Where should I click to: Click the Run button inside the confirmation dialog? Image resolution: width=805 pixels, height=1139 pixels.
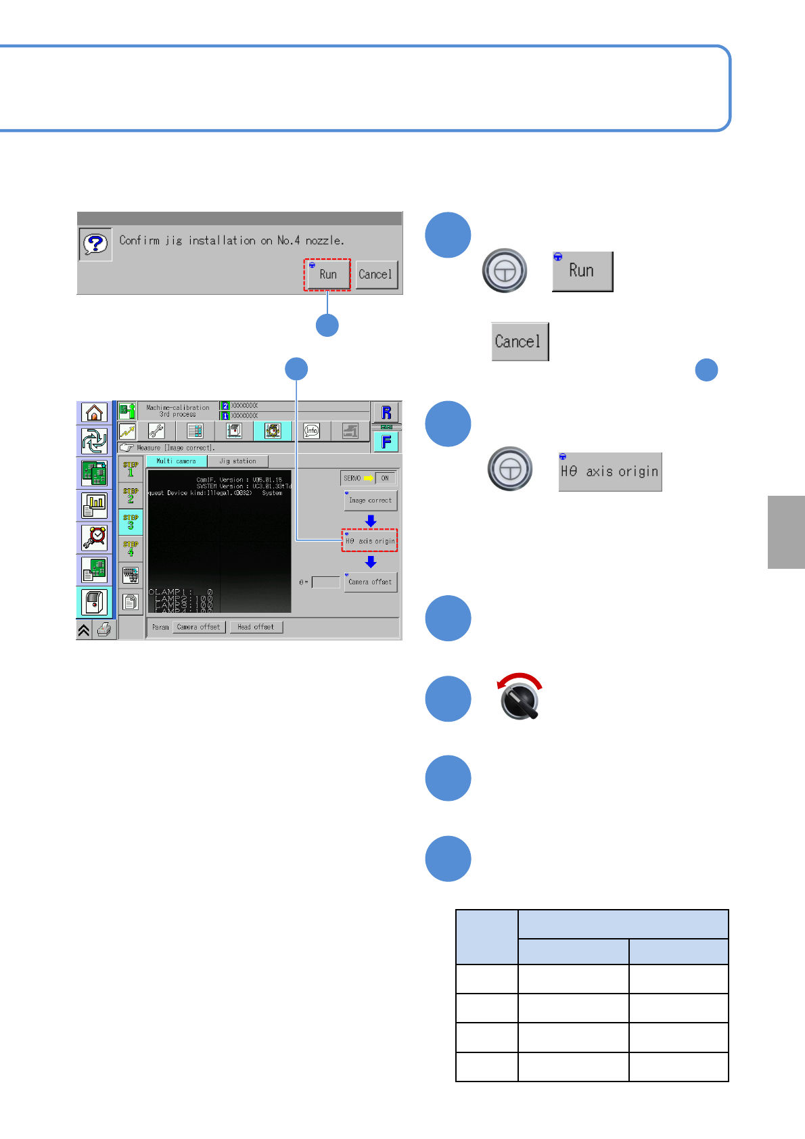(x=327, y=275)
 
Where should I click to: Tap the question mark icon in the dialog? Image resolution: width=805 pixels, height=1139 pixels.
(x=95, y=244)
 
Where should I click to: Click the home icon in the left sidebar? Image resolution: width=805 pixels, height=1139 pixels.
(x=95, y=412)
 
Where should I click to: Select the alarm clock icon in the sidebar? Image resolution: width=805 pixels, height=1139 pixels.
(x=95, y=537)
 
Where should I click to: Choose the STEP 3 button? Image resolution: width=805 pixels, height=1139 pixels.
(x=131, y=522)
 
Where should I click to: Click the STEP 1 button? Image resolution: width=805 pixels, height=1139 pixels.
(x=131, y=469)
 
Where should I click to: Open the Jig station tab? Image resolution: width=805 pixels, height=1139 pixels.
(x=237, y=461)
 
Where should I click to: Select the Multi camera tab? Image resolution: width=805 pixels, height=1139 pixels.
(x=176, y=461)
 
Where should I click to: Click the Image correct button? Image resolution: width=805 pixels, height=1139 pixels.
(x=370, y=501)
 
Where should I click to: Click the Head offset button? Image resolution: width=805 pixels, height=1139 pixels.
(x=256, y=627)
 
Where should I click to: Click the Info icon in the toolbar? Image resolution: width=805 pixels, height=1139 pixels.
(x=311, y=430)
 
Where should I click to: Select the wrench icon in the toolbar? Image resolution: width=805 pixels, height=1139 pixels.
(x=156, y=431)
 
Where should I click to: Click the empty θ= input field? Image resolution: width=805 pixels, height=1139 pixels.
(x=325, y=582)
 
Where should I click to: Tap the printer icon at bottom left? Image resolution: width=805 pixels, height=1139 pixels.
(x=104, y=630)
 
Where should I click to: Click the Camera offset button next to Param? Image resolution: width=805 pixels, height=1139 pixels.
(x=198, y=627)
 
